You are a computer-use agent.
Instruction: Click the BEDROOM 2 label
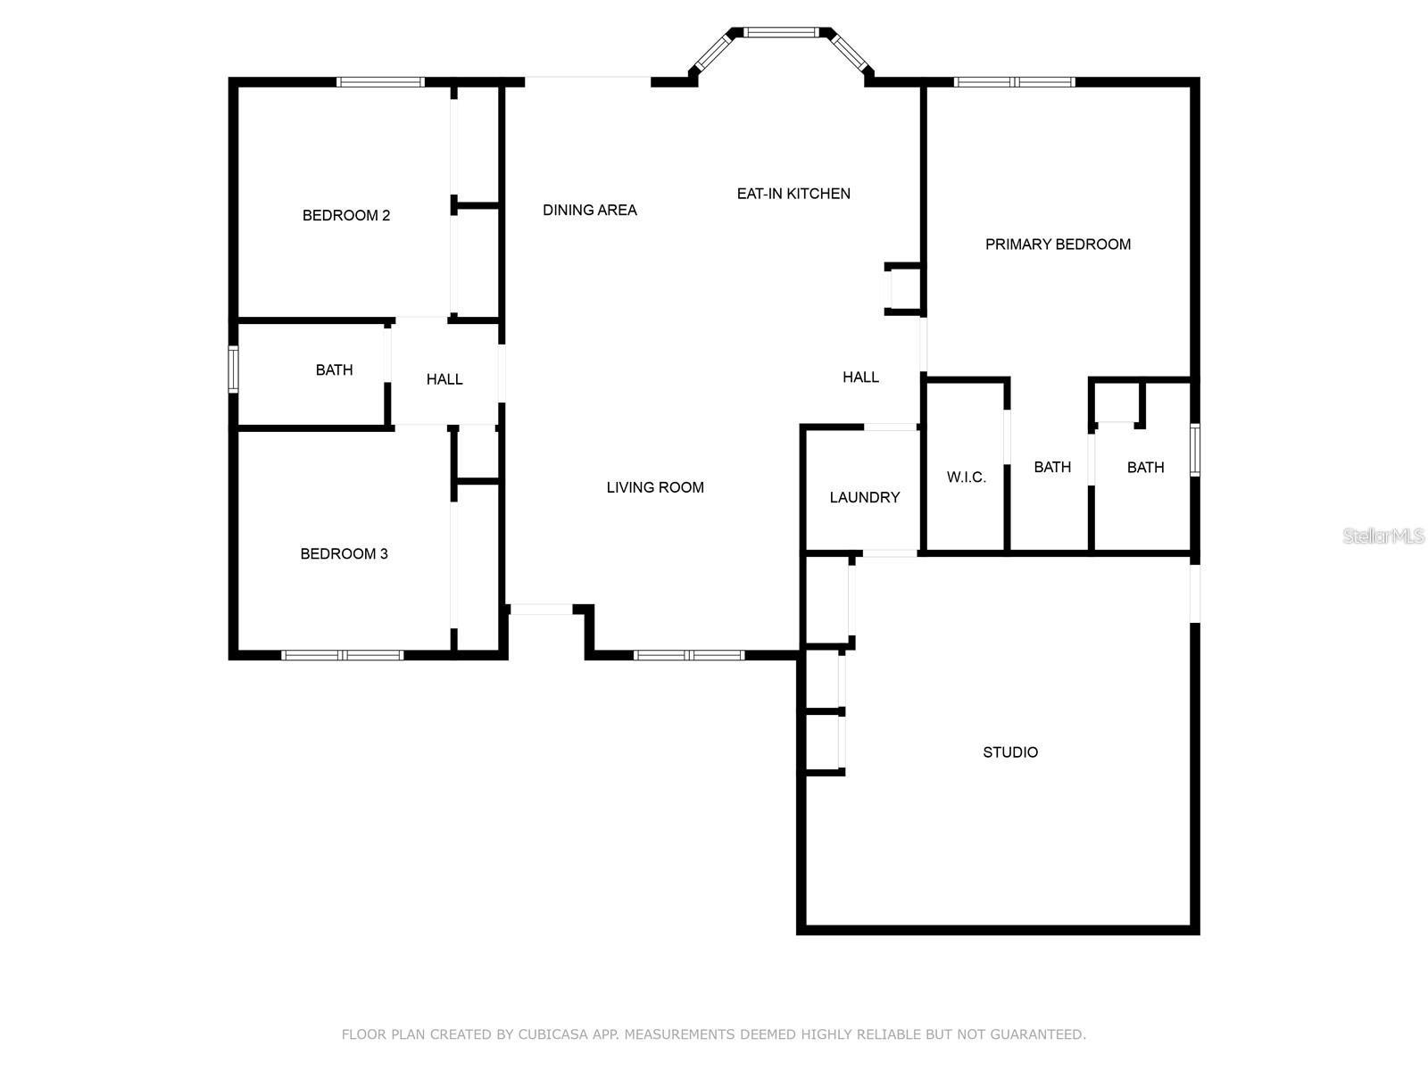(x=346, y=215)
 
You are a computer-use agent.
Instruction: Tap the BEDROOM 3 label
(x=344, y=553)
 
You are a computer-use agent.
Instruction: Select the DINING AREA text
(x=590, y=210)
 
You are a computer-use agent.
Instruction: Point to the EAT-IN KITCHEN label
(x=793, y=193)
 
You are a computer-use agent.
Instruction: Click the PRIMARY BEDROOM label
(x=1058, y=244)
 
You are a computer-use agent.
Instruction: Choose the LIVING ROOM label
(x=655, y=486)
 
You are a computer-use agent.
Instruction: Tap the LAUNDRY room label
(x=864, y=497)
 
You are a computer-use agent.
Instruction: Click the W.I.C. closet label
(x=966, y=477)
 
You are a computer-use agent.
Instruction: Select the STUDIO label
(x=1010, y=752)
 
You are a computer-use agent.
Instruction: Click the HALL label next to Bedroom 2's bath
(x=444, y=379)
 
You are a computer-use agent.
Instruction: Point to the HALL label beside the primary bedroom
(x=860, y=378)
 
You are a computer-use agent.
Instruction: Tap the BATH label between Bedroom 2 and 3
(x=334, y=369)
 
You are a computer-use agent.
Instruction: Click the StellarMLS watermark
(x=1383, y=535)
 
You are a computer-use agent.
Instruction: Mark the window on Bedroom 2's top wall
(x=380, y=82)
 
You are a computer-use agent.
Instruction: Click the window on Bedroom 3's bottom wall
(x=342, y=655)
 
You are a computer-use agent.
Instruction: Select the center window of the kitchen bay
(x=782, y=32)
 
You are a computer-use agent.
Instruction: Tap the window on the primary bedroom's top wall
(x=1014, y=82)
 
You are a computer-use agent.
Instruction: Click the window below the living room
(x=689, y=655)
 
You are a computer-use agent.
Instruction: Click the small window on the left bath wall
(x=233, y=369)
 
